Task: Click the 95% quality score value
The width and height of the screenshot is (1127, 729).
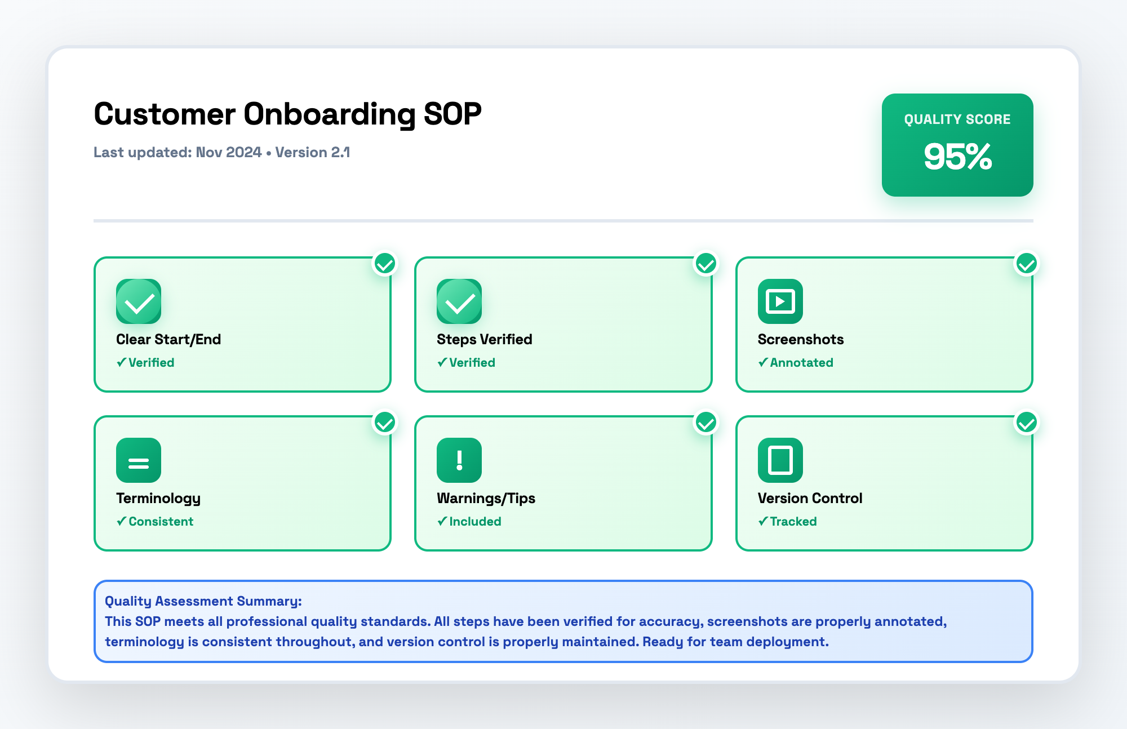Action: [957, 157]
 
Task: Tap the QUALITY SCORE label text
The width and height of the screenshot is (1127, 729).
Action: [957, 119]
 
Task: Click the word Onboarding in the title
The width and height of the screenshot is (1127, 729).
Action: [329, 114]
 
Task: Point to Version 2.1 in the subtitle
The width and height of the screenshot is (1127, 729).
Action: [313, 153]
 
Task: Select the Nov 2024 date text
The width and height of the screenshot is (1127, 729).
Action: [228, 153]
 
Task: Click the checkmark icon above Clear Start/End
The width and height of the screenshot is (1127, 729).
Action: [139, 301]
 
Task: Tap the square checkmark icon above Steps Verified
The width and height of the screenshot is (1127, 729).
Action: [459, 301]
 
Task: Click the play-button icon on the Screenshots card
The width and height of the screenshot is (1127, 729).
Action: [780, 301]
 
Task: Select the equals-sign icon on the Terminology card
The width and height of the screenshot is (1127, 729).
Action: [139, 460]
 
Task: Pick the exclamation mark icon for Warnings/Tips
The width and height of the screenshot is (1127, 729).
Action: [459, 460]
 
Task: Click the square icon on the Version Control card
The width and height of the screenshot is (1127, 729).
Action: [780, 460]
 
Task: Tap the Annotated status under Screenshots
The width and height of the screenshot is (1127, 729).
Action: [801, 363]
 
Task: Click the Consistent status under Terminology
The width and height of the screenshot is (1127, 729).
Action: [161, 522]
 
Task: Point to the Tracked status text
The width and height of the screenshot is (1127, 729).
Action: [793, 522]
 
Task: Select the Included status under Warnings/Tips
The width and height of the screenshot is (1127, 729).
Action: [474, 522]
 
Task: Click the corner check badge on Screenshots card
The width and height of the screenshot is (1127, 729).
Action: [1026, 264]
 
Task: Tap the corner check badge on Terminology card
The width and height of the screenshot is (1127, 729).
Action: [385, 423]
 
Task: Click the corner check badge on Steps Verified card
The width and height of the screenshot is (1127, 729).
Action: [706, 264]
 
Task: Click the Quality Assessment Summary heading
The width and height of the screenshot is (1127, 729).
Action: [203, 601]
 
